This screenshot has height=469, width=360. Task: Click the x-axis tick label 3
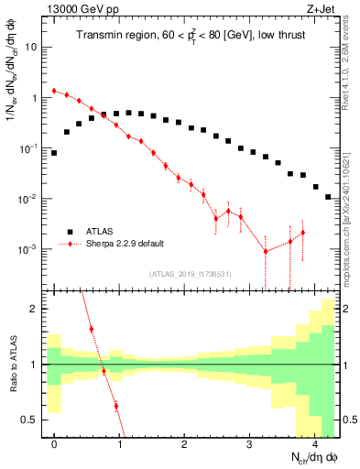[x=250, y=445]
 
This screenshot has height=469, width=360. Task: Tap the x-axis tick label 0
[x=54, y=445]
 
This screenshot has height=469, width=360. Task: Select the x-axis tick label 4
[x=315, y=445]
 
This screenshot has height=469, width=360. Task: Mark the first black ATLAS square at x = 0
[x=54, y=153]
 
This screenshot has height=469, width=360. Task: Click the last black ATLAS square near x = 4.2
[x=328, y=196]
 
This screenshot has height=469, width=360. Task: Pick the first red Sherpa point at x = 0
[x=54, y=91]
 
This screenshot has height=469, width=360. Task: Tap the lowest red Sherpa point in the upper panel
[x=266, y=251]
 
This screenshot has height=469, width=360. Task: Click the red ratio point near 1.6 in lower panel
[x=91, y=329]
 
